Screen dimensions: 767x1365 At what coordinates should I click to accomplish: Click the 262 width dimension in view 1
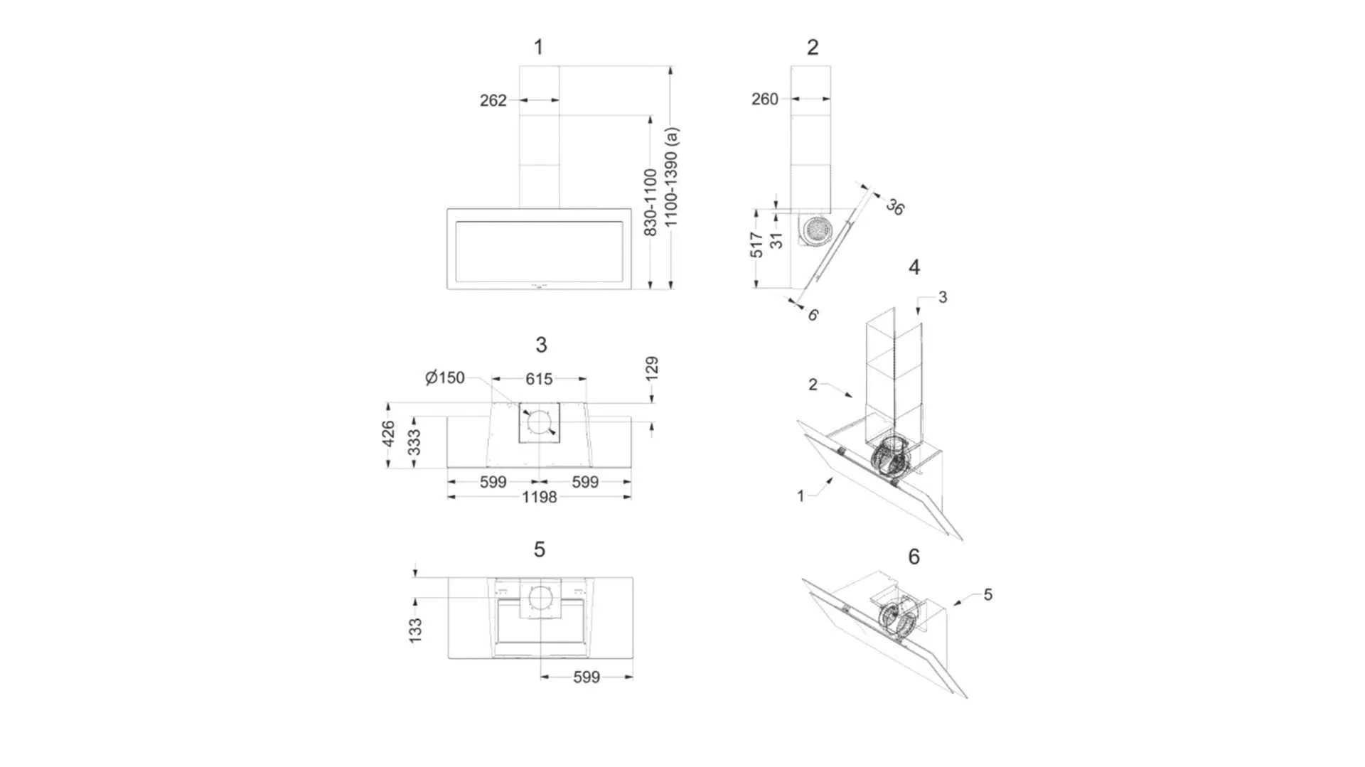tap(493, 100)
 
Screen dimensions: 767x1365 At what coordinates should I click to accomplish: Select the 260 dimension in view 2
tap(765, 99)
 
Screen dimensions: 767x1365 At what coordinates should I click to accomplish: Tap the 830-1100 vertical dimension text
tap(650, 203)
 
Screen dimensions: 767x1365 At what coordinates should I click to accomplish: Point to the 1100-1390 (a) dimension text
tap(670, 177)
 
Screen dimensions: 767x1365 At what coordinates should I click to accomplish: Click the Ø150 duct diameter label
tap(445, 377)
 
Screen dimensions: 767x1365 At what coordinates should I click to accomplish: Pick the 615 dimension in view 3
tap(539, 380)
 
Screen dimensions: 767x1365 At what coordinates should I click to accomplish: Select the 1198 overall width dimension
tap(539, 498)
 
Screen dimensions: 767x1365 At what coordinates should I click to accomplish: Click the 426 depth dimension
tap(388, 434)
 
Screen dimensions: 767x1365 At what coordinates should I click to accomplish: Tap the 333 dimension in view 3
tap(414, 442)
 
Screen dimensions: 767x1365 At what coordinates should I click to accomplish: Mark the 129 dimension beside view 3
tap(652, 369)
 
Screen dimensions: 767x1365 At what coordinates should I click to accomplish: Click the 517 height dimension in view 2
tap(756, 245)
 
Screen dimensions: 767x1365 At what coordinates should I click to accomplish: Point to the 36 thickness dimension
tap(895, 207)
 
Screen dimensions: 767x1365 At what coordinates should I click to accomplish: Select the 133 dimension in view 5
tap(416, 631)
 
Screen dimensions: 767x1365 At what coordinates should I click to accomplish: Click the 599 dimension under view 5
tap(587, 677)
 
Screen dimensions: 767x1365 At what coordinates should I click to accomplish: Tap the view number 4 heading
tap(914, 267)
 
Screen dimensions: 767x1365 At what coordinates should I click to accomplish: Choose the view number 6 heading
tap(914, 557)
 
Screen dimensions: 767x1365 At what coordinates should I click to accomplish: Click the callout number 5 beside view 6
tap(987, 594)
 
